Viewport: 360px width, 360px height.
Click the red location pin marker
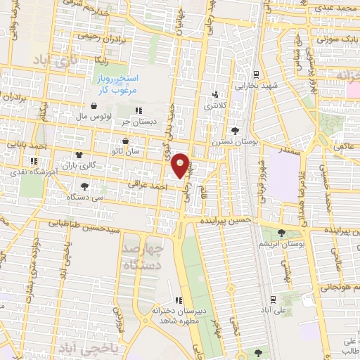point(181,165)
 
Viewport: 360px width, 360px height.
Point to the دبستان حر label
point(136,121)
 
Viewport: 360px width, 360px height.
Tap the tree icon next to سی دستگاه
point(85,186)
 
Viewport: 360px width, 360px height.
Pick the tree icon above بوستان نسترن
point(233,130)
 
